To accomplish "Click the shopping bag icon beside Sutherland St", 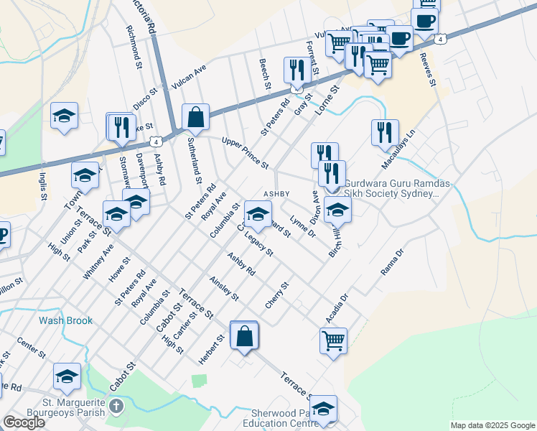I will coord(195,117).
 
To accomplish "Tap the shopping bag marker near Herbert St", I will coord(244,336).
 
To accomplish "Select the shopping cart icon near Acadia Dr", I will coord(333,341).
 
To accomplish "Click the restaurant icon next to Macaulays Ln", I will coord(385,133).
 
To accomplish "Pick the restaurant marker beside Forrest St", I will coord(296,70).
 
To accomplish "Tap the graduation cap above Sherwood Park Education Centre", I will coord(323,409).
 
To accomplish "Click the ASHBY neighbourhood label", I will coord(276,194).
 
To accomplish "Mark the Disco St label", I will coord(144,96).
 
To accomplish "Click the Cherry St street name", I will coord(276,295).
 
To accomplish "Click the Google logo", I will coord(24,422).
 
